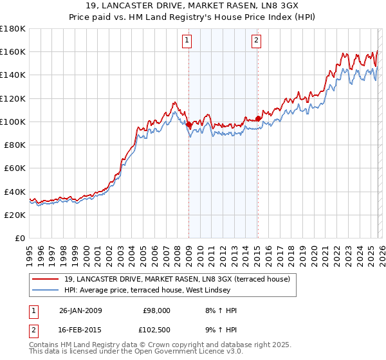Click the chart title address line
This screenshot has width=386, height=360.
coord(192,6)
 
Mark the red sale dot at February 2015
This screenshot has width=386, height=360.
coord(257,118)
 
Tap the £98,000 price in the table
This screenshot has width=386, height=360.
coord(156,310)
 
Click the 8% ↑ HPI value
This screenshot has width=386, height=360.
coord(220,310)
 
